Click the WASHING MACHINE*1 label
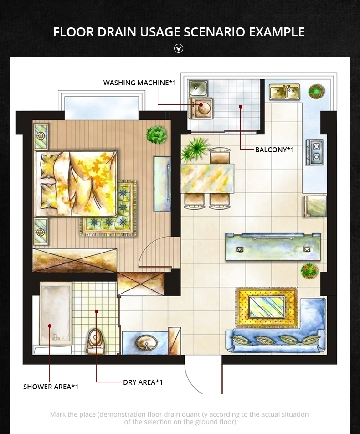click(x=139, y=83)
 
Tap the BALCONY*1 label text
click(x=274, y=150)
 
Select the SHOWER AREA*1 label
click(x=51, y=387)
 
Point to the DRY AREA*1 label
click(x=143, y=382)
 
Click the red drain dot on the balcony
click(x=241, y=107)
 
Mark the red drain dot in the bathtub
click(x=50, y=326)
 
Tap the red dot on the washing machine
click(x=201, y=105)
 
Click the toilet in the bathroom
click(x=96, y=341)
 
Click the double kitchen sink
click(x=284, y=92)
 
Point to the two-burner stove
click(x=315, y=152)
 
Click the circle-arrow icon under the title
click(x=179, y=49)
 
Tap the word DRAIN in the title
click(x=117, y=32)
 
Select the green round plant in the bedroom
click(x=156, y=134)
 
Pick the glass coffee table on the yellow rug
click(x=267, y=307)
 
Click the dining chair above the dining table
click(x=220, y=156)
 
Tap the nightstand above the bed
click(x=41, y=137)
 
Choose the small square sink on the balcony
click(x=197, y=88)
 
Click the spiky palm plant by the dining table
click(x=194, y=150)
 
